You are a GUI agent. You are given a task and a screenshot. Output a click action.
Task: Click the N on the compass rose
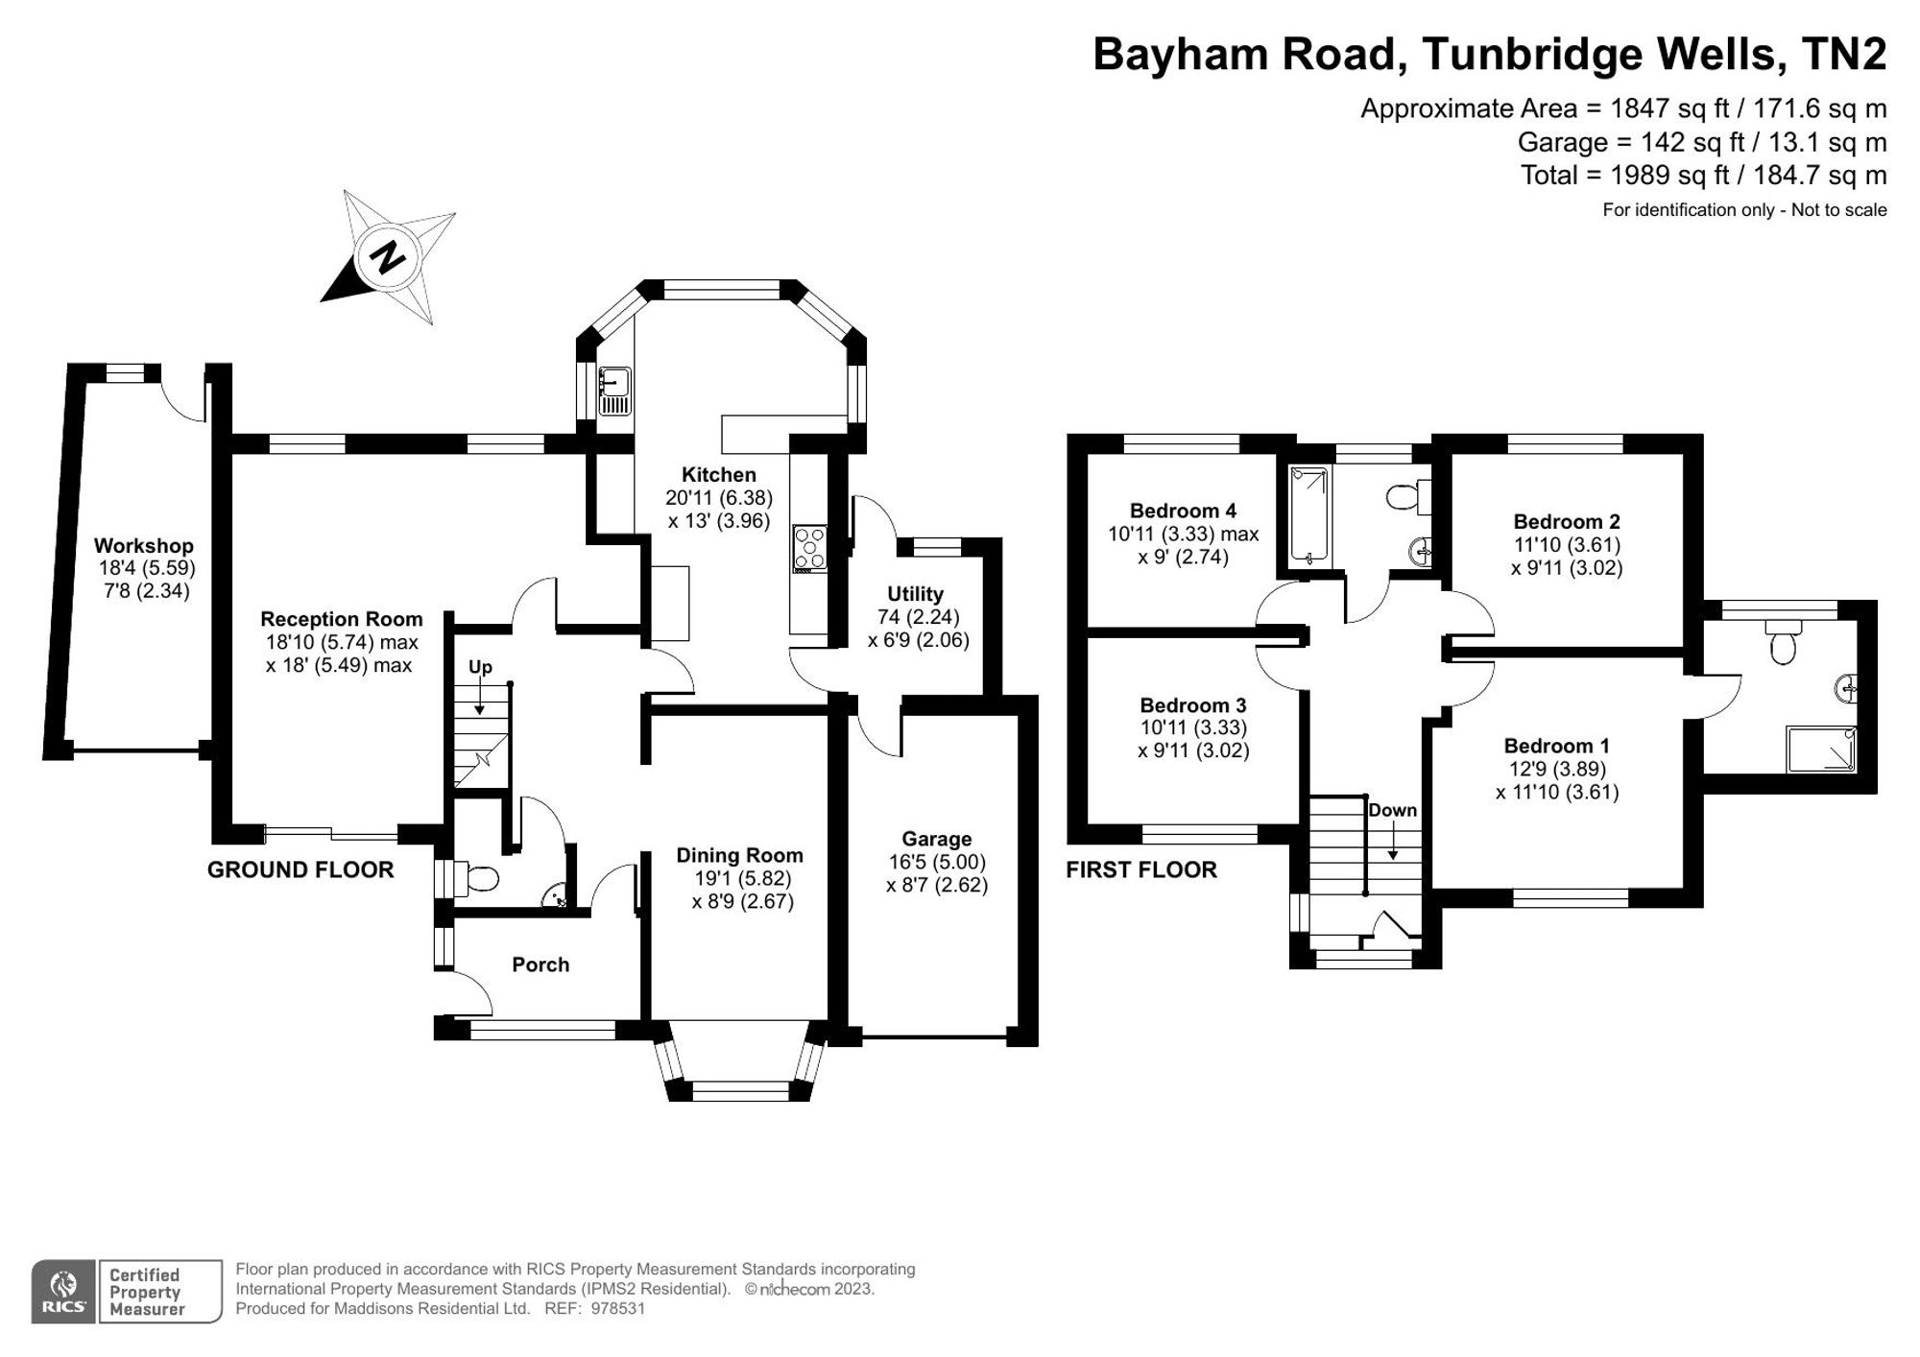[388, 257]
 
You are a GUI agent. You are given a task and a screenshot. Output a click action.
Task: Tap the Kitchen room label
[718, 474]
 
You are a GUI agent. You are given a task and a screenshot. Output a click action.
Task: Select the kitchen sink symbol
[614, 392]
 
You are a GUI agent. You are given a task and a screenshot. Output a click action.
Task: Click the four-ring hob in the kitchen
[809, 548]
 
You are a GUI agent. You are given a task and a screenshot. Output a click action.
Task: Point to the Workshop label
[144, 546]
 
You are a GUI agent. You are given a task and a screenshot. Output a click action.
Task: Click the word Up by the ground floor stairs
[480, 667]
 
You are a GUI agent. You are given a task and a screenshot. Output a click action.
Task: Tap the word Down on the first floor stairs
[1392, 810]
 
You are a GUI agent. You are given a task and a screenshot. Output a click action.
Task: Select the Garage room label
[936, 839]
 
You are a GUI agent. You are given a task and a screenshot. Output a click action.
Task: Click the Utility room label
[915, 594]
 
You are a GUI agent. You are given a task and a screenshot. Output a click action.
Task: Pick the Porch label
[540, 964]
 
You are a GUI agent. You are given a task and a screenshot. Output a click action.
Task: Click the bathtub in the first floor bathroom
[1308, 515]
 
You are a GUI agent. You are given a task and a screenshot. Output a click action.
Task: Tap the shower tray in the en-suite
[1820, 750]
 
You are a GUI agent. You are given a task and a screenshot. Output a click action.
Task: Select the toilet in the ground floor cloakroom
[480, 878]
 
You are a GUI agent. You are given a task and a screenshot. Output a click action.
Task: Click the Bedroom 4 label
[1183, 511]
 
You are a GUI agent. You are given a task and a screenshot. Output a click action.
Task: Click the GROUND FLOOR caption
[300, 869]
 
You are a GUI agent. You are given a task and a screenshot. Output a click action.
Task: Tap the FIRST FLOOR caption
[1141, 869]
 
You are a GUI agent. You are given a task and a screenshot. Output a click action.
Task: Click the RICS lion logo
[63, 1292]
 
